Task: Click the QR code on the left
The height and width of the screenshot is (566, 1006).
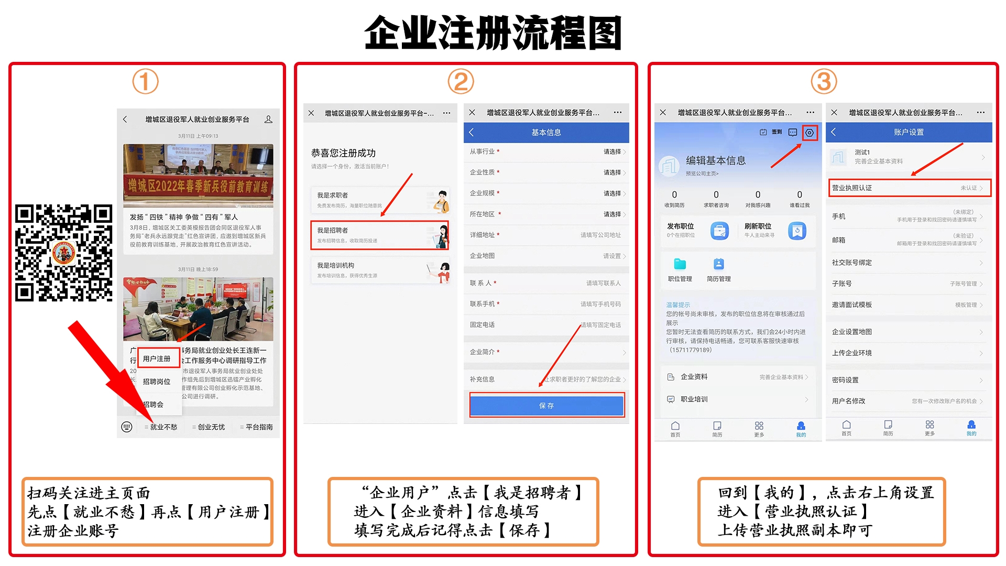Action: (63, 253)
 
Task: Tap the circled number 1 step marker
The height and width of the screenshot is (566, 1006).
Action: (145, 82)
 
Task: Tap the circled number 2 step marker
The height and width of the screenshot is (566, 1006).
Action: (461, 82)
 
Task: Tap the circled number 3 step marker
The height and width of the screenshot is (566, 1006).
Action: (824, 82)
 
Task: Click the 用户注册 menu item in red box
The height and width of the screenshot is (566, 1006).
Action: (157, 359)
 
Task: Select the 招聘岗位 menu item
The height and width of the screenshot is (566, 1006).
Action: (157, 382)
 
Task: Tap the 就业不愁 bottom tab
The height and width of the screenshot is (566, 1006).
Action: (163, 427)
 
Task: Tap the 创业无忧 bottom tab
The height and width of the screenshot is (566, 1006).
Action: (211, 427)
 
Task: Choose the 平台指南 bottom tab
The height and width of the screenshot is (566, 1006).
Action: (258, 427)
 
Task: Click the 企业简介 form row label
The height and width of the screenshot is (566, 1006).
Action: (482, 352)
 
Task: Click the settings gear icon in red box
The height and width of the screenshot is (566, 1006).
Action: (810, 133)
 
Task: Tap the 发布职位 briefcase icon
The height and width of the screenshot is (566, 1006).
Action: (719, 231)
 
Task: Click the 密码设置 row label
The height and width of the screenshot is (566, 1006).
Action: (845, 380)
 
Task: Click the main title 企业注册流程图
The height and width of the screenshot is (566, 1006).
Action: (493, 32)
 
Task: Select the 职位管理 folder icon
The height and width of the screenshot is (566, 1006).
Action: (680, 264)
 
